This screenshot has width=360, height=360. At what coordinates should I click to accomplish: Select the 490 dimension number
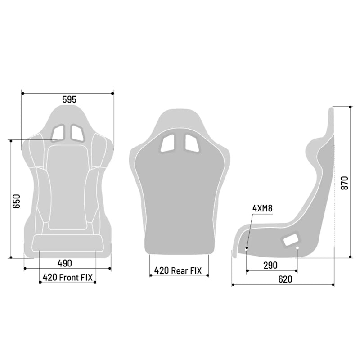click(65, 263)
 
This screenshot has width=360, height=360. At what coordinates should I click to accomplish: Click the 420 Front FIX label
click(67, 277)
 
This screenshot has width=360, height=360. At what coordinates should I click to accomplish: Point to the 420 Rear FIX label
click(179, 270)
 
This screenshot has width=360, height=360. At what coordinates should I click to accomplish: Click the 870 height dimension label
click(344, 183)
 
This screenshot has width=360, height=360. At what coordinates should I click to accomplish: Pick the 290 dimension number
click(270, 265)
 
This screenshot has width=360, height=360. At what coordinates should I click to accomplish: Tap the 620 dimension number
click(285, 279)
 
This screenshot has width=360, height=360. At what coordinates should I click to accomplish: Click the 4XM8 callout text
click(262, 208)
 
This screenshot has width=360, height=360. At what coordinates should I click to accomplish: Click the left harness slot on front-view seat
click(58, 132)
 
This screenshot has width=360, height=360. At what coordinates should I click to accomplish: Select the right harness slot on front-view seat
click(77, 132)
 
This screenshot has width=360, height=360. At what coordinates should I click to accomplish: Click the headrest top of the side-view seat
click(331, 112)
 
